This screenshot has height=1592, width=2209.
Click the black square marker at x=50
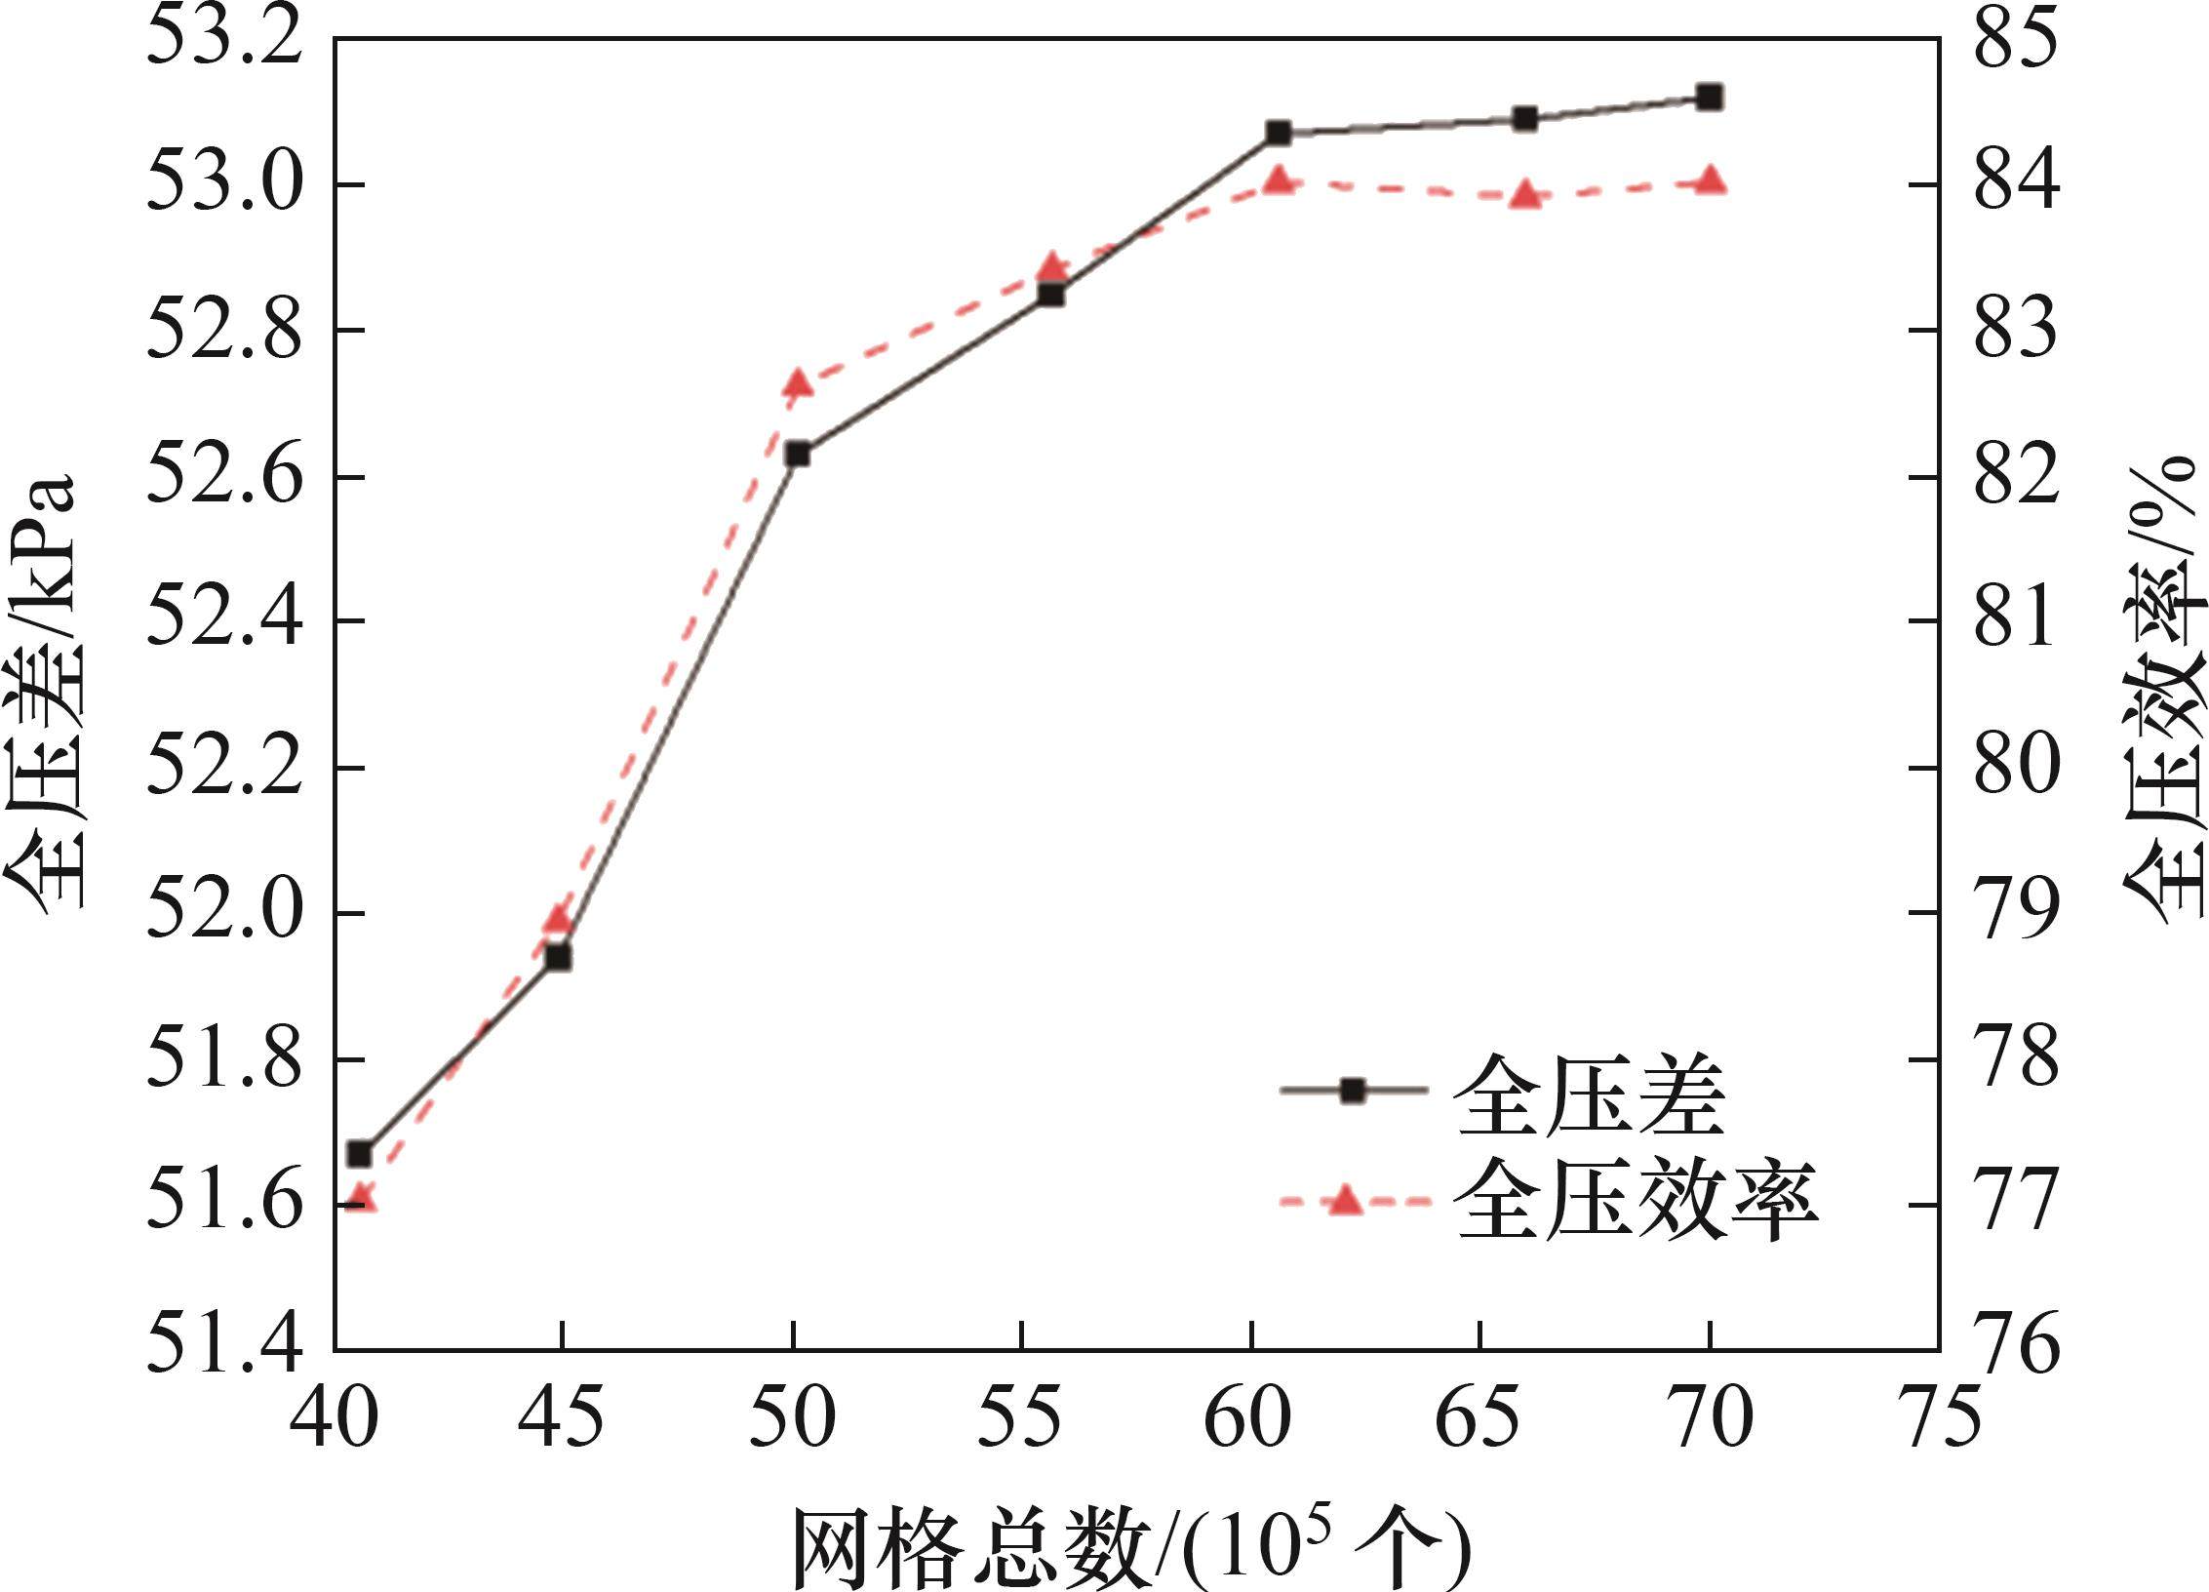(798, 454)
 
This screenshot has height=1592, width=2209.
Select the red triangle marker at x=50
(798, 384)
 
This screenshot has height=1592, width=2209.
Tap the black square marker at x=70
(1709, 97)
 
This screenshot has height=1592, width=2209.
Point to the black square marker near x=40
(360, 1153)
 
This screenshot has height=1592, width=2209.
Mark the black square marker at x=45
(558, 957)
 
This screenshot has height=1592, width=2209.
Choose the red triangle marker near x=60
(1279, 180)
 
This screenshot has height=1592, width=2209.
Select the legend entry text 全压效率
(1638, 1201)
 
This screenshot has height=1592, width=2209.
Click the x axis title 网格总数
(975, 1551)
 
